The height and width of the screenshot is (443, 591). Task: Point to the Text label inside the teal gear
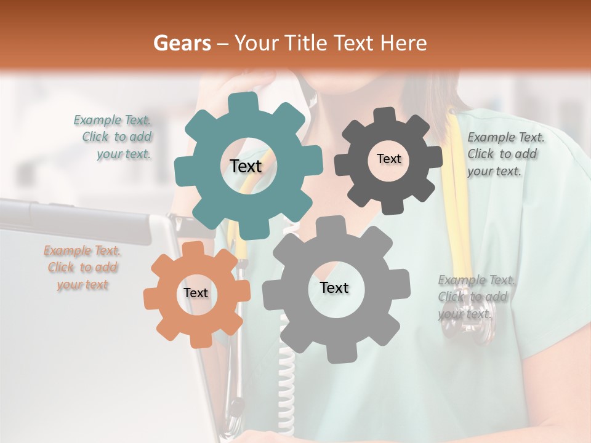[x=246, y=166]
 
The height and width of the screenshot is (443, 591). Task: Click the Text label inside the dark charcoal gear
[x=388, y=159]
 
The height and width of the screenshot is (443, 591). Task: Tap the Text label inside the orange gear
[x=196, y=293]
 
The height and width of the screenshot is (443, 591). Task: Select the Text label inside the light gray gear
[x=334, y=287]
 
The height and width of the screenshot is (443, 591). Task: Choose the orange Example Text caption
[x=82, y=268]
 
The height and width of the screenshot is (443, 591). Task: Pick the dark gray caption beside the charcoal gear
[x=505, y=154]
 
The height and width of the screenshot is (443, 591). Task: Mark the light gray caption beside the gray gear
[x=475, y=297]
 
